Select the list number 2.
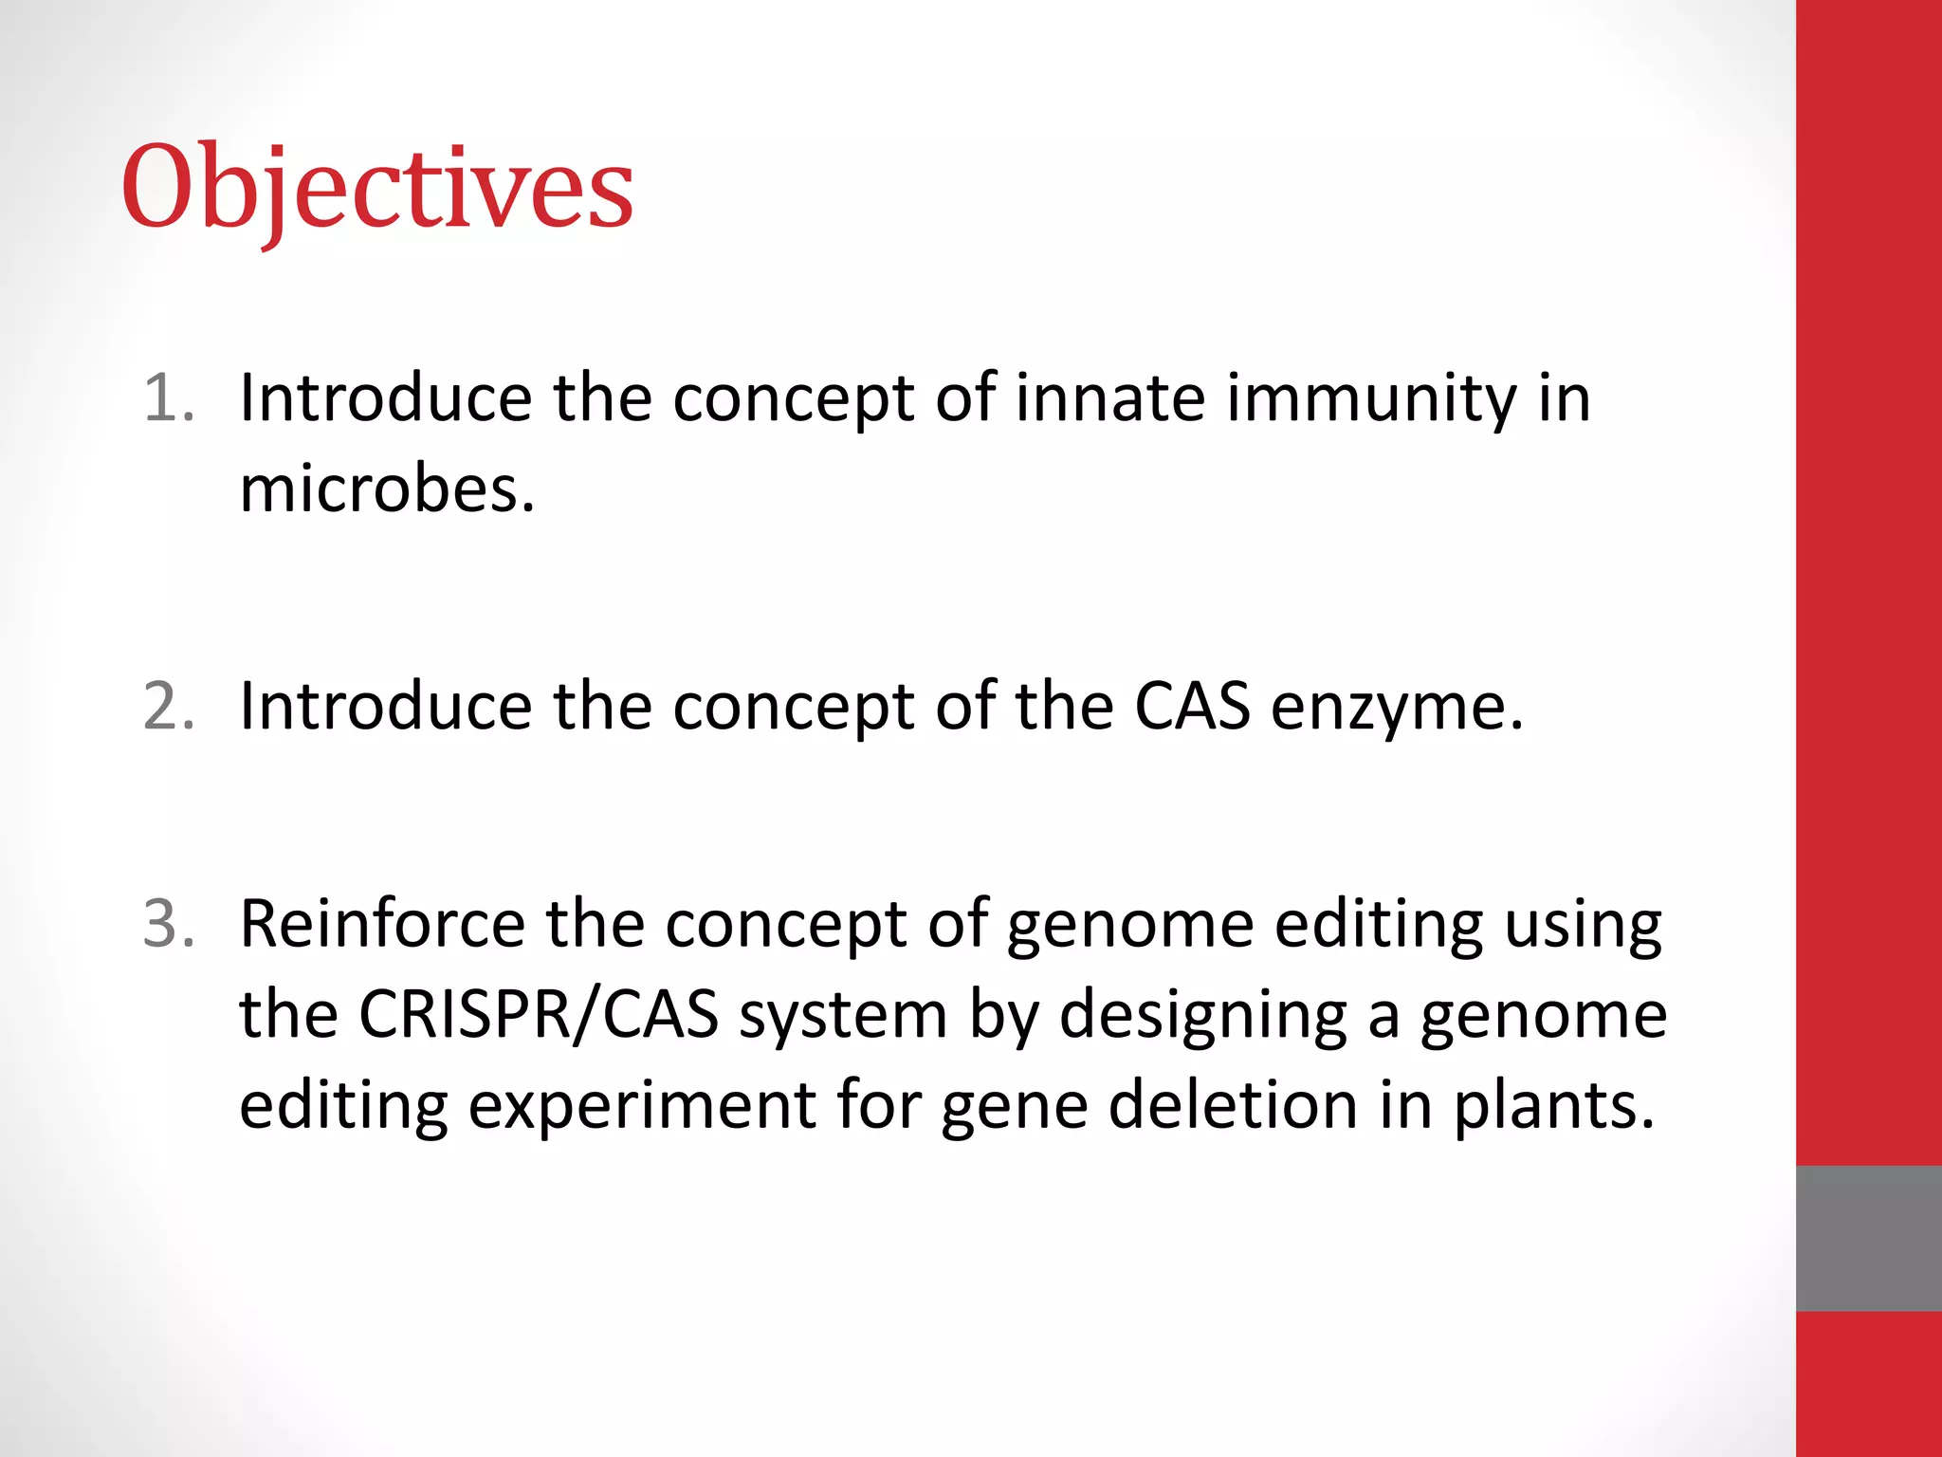[x=169, y=706]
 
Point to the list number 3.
[x=169, y=923]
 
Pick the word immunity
[x=1371, y=398]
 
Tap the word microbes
[x=387, y=489]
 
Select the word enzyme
[x=1396, y=708]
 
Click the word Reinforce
[x=382, y=923]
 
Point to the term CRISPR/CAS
[x=539, y=1015]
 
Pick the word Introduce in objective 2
[x=386, y=706]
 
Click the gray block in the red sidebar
[x=1868, y=1238]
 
